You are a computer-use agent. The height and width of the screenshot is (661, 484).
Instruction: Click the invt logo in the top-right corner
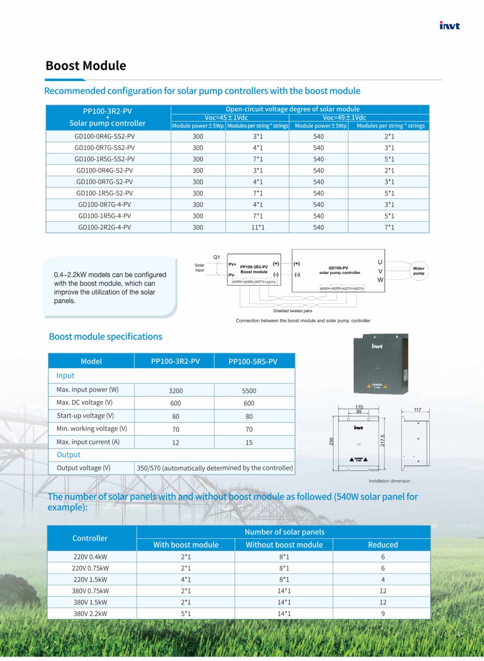pyautogui.click(x=449, y=26)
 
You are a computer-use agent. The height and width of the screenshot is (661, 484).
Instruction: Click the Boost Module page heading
pyautogui.click(x=86, y=66)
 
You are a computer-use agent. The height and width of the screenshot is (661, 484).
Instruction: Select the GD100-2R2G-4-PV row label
pyautogui.click(x=104, y=227)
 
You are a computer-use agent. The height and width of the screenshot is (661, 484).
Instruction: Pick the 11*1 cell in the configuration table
pyautogui.click(x=258, y=227)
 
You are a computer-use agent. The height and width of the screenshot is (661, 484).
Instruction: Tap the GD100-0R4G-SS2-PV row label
pyautogui.click(x=104, y=136)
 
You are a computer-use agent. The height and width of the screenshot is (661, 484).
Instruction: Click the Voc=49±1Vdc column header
pyautogui.click(x=344, y=118)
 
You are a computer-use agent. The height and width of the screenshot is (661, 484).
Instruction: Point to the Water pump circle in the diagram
pyautogui.click(x=418, y=271)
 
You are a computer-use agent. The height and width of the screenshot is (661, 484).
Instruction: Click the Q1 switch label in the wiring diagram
pyautogui.click(x=216, y=257)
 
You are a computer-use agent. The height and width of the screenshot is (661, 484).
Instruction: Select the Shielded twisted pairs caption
pyautogui.click(x=292, y=311)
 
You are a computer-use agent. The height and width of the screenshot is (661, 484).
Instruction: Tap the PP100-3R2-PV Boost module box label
pyautogui.click(x=254, y=269)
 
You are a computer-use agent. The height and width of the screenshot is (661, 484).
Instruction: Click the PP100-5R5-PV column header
pyautogui.click(x=253, y=361)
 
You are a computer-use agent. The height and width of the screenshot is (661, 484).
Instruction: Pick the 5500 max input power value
pyautogui.click(x=249, y=391)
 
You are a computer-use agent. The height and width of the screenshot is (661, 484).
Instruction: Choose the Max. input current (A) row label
pyautogui.click(x=88, y=442)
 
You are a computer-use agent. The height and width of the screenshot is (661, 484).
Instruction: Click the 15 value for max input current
pyautogui.click(x=249, y=442)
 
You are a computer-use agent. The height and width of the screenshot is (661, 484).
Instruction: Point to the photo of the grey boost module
pyautogui.click(x=380, y=364)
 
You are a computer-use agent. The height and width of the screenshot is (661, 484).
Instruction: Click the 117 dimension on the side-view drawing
pyautogui.click(x=418, y=410)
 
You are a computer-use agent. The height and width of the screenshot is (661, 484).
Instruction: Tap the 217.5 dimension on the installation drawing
pyautogui.click(x=382, y=440)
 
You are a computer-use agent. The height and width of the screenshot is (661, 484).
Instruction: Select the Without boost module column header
pyautogui.click(x=284, y=545)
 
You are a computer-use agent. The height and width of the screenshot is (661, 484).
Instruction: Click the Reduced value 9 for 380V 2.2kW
pyautogui.click(x=383, y=614)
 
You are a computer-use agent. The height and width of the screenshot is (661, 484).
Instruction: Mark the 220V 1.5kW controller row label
pyautogui.click(x=90, y=580)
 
